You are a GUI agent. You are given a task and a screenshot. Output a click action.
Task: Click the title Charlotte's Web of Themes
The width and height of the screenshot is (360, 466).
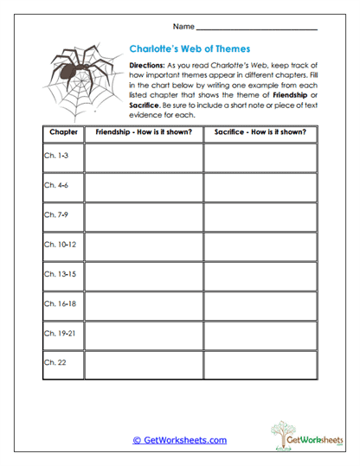pyautogui.click(x=190, y=49)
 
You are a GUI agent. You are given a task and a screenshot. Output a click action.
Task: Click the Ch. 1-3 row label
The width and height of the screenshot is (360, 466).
pyautogui.click(x=55, y=157)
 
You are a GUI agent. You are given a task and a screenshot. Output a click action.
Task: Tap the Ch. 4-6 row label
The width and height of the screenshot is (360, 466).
pyautogui.click(x=55, y=186)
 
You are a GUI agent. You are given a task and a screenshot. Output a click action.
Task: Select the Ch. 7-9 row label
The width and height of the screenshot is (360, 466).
pyautogui.click(x=55, y=215)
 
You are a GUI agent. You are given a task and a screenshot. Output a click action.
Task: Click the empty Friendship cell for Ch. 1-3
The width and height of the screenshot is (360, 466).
pyautogui.click(x=143, y=157)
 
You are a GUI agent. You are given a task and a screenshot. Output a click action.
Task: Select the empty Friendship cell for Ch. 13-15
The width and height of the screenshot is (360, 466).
pyautogui.click(x=143, y=274)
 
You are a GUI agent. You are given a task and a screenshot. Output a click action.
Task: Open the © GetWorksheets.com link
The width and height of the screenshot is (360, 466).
pyautogui.click(x=180, y=440)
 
